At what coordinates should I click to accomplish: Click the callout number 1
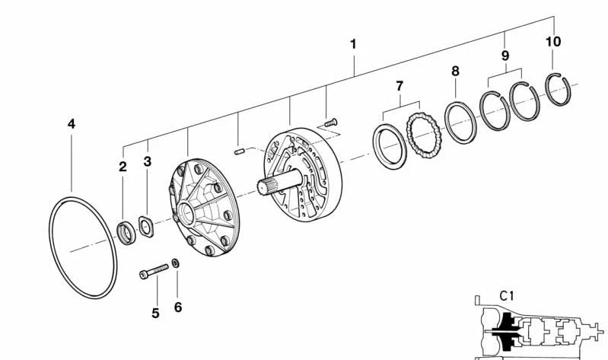pos(353,44)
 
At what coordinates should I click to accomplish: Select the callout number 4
pos(72,124)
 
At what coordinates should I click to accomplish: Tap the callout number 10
pos(553,42)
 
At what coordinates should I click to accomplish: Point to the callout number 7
pos(399,86)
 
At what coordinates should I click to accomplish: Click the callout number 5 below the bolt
pos(155,313)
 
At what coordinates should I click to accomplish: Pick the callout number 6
pos(178,307)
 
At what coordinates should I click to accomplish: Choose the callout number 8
pos(455,72)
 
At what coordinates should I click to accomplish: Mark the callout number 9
pos(505,56)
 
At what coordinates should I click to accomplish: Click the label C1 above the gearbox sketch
pos(506,296)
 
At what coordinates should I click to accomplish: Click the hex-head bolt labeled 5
pos(154,271)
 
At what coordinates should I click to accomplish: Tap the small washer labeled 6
pos(175,263)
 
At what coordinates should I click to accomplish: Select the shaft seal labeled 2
pos(126,233)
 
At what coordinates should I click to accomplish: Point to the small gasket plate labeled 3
pos(146,227)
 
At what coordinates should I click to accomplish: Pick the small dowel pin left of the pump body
pos(239,151)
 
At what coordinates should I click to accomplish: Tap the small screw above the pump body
pos(331,123)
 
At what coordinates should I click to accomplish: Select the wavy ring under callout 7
pos(423,135)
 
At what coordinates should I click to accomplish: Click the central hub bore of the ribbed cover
pos(187,213)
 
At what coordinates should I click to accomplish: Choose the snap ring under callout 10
pos(558,89)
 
